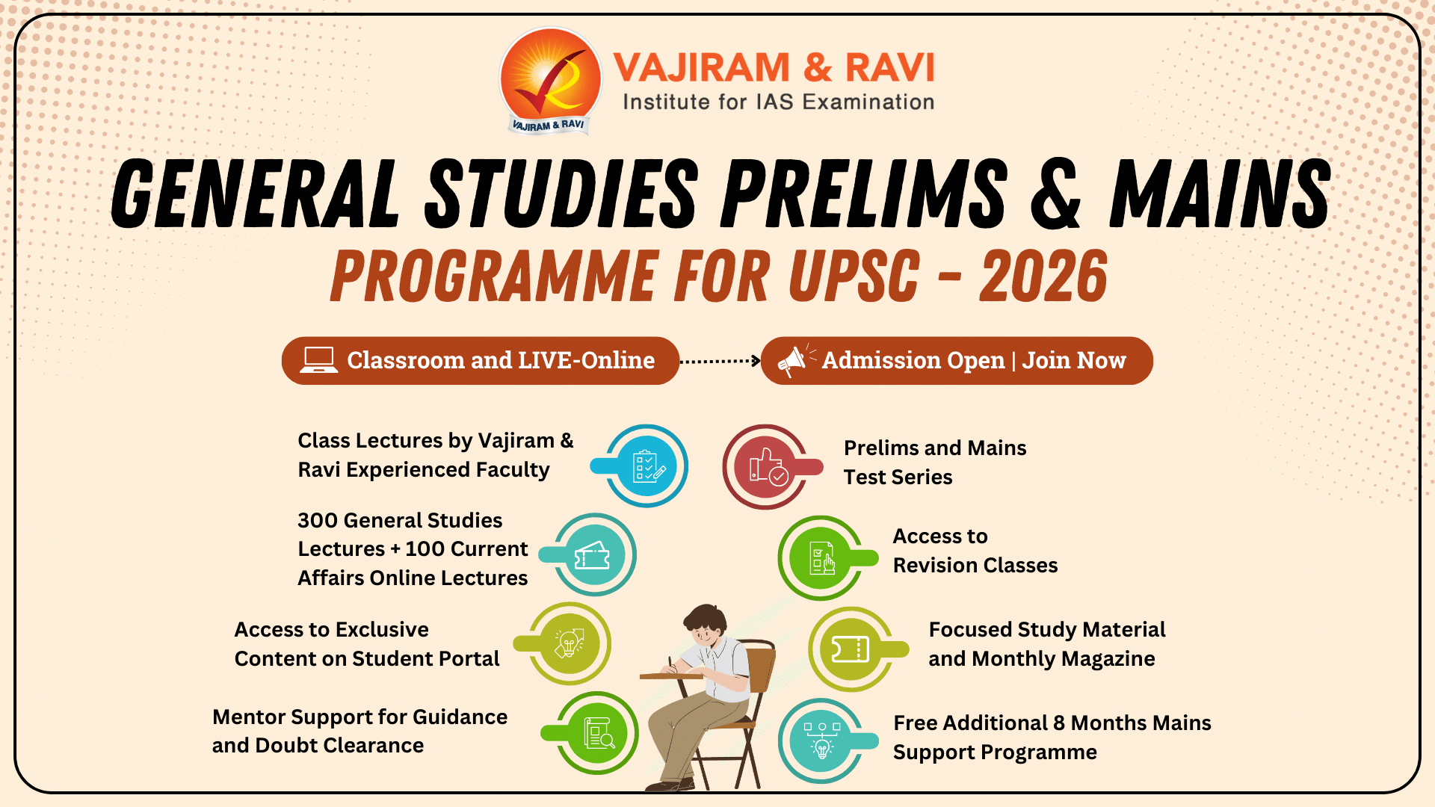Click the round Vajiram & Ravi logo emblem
551,81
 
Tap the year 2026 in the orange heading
1043,276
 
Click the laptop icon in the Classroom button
319,360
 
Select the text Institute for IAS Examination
779,102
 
